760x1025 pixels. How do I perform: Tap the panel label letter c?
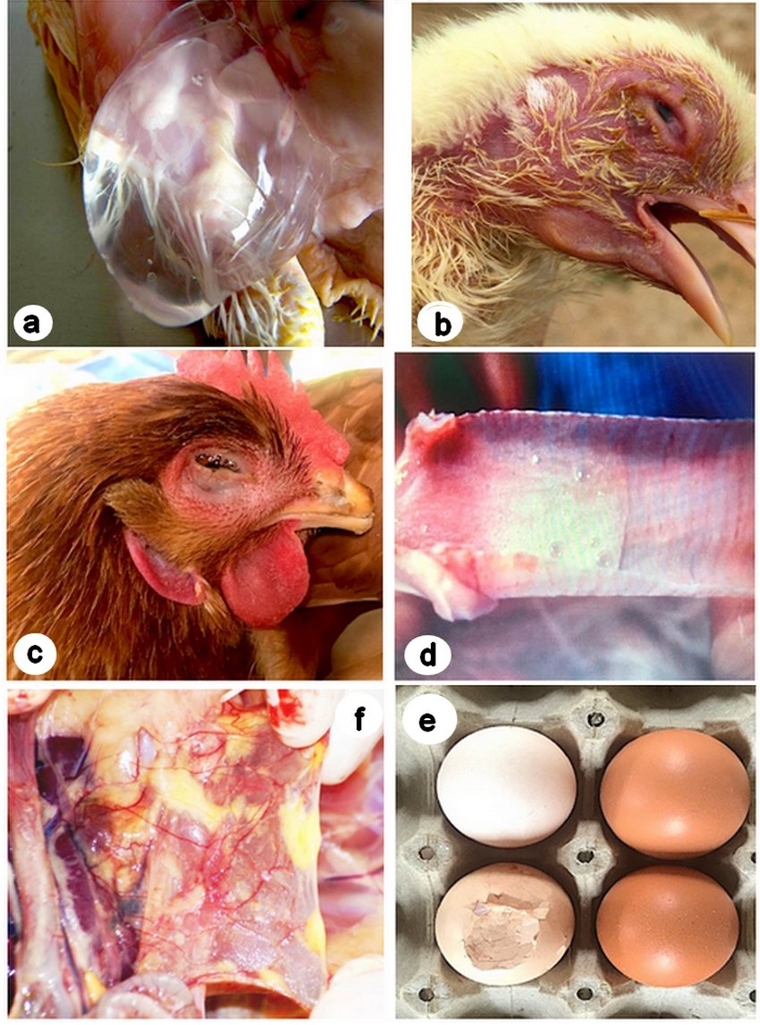(x=32, y=654)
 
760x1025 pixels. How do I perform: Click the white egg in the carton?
(x=506, y=786)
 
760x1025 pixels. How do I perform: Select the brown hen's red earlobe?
(x=161, y=563)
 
